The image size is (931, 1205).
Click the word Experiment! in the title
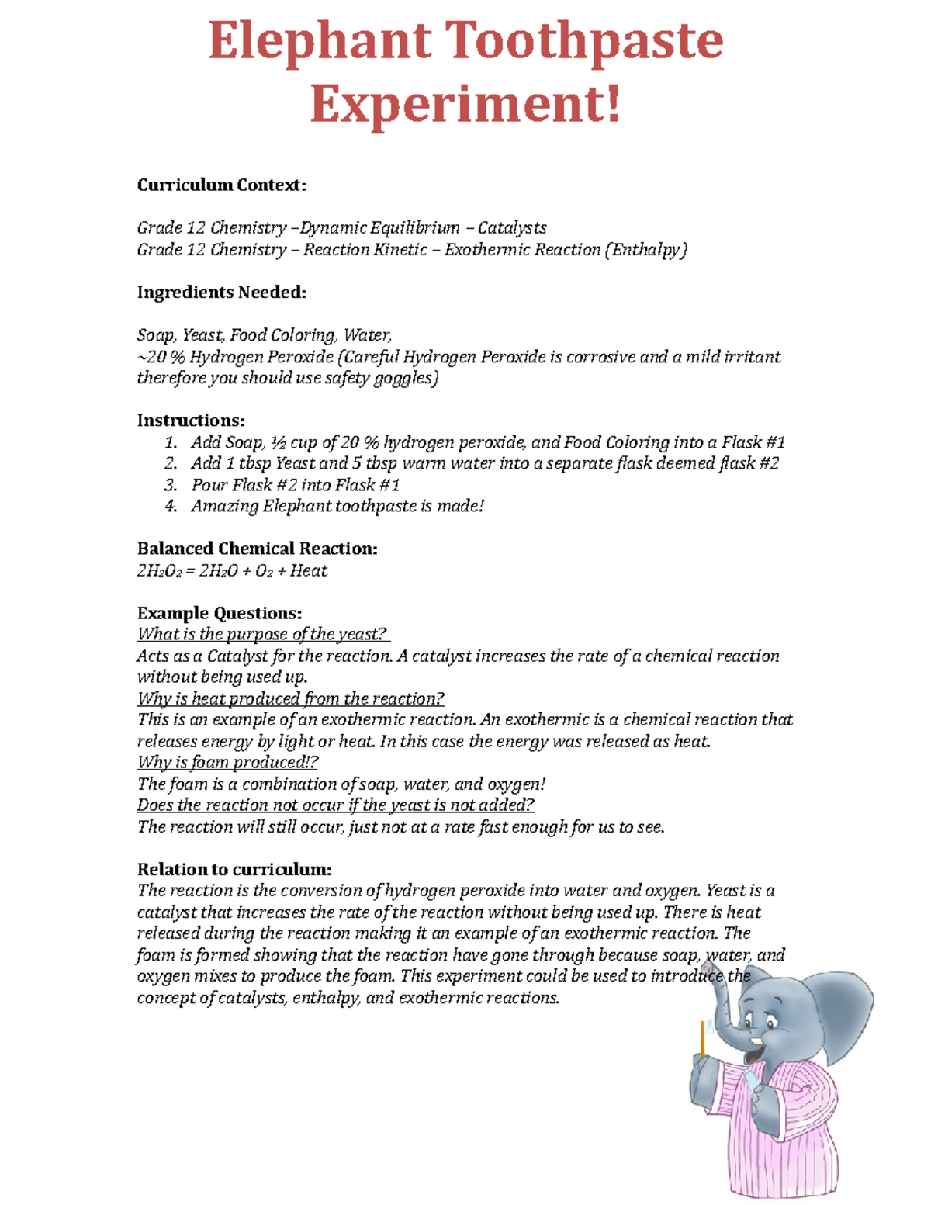465,104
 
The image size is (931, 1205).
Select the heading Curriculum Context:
221,185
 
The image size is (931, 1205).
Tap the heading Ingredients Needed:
221,292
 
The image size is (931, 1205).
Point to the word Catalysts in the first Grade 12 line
512,227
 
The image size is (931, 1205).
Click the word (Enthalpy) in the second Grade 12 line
646,249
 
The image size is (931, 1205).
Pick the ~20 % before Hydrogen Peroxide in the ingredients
161,357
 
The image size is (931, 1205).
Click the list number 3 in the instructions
171,485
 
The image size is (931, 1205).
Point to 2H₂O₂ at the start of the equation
159,571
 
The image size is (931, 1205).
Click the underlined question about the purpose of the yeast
262,634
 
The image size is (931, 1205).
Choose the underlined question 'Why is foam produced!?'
227,762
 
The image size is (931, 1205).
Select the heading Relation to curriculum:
234,869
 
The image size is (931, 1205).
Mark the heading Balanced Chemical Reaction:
257,549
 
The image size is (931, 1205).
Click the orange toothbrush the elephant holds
703,1040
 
